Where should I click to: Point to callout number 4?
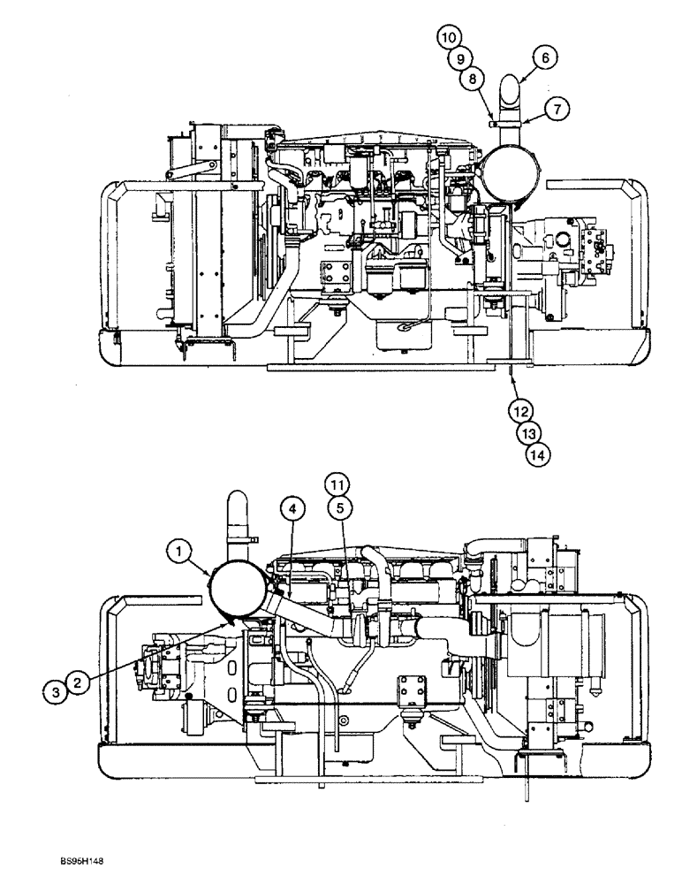pos(293,508)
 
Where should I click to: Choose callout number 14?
pos(537,454)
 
